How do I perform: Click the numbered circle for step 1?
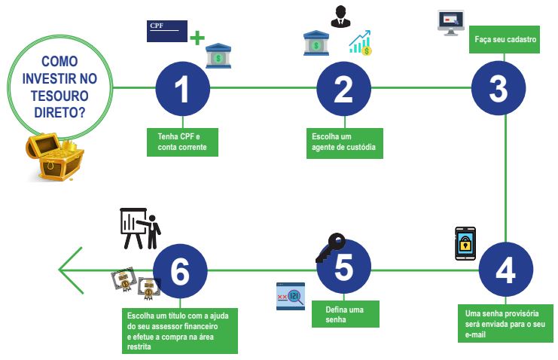click(182, 88)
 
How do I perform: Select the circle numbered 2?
click(343, 88)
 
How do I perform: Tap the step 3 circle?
click(499, 88)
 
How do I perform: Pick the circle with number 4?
click(505, 270)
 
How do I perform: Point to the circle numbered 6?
click(180, 270)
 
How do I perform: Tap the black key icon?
click(329, 246)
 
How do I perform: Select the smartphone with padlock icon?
click(466, 244)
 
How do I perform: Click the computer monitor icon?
click(451, 23)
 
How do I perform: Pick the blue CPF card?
click(166, 32)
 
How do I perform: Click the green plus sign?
click(197, 37)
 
